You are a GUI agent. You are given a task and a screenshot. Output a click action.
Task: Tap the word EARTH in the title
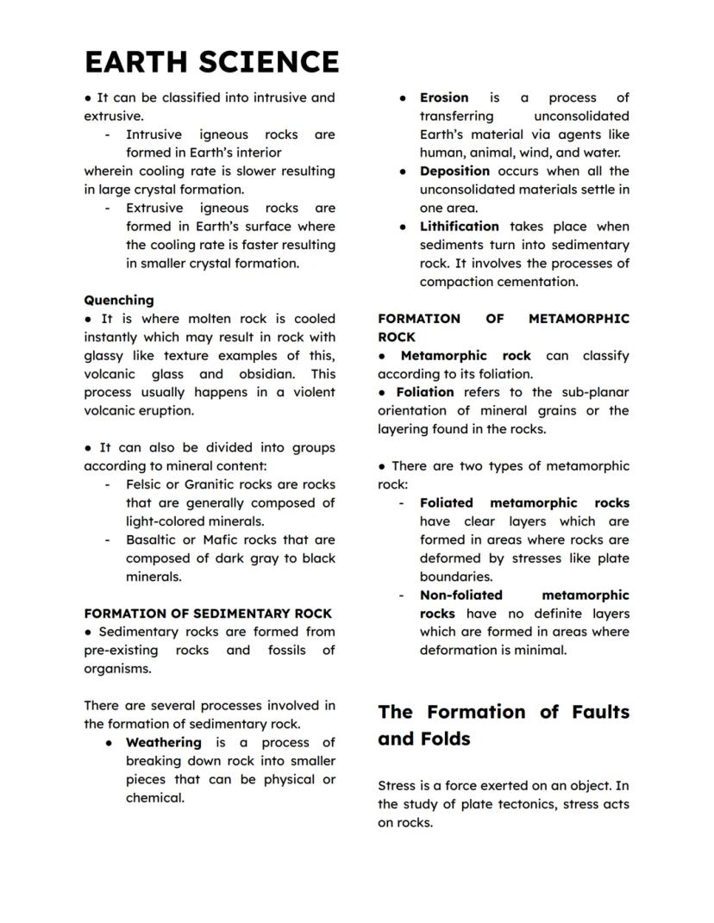[137, 62]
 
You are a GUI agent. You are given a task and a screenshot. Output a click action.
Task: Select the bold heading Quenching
[119, 300]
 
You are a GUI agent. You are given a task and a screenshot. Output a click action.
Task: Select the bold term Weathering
[164, 742]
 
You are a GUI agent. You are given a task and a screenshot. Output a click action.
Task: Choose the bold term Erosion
[444, 97]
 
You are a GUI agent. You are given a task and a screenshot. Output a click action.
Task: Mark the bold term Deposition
[454, 171]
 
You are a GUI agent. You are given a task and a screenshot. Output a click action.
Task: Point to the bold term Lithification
[459, 226]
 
